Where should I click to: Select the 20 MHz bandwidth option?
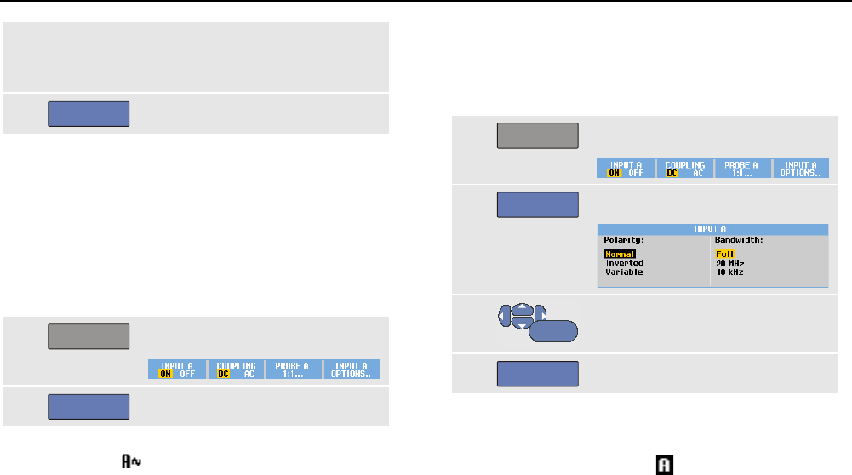729,263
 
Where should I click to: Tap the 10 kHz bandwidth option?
729,272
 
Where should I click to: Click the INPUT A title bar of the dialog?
712,229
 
